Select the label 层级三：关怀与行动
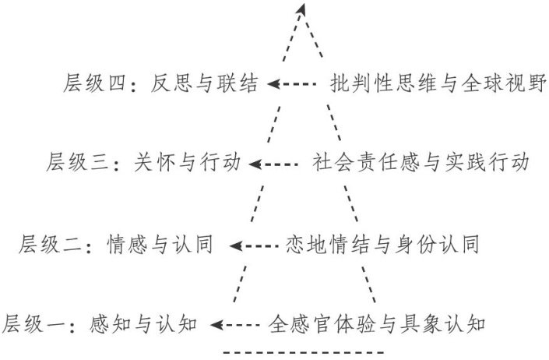(x=145, y=164)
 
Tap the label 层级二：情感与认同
(x=123, y=245)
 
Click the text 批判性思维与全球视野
(x=439, y=83)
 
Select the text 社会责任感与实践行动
(x=421, y=164)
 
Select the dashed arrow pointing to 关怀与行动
(x=276, y=164)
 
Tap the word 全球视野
(x=512, y=83)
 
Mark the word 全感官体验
(x=319, y=322)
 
